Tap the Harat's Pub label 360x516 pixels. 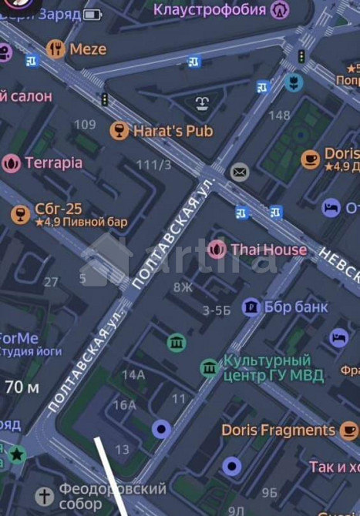[x=173, y=131]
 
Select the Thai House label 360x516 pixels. [x=268, y=250]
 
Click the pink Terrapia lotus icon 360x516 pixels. [x=11, y=163]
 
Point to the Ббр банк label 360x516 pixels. [x=296, y=307]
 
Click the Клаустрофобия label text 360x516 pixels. [x=210, y=10]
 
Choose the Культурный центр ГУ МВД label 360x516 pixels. [x=267, y=367]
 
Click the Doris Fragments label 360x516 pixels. [x=278, y=430]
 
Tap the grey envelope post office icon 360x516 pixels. [x=240, y=172]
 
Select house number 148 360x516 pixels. [x=279, y=116]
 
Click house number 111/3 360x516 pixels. [x=153, y=165]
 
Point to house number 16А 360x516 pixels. [x=124, y=405]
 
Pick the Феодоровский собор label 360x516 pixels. [x=113, y=496]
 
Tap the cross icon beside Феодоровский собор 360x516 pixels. [x=45, y=495]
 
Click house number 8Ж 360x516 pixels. [x=183, y=287]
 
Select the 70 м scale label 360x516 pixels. [x=22, y=387]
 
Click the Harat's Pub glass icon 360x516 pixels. [x=119, y=130]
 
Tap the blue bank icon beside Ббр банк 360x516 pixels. [x=251, y=307]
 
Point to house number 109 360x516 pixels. [x=85, y=125]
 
